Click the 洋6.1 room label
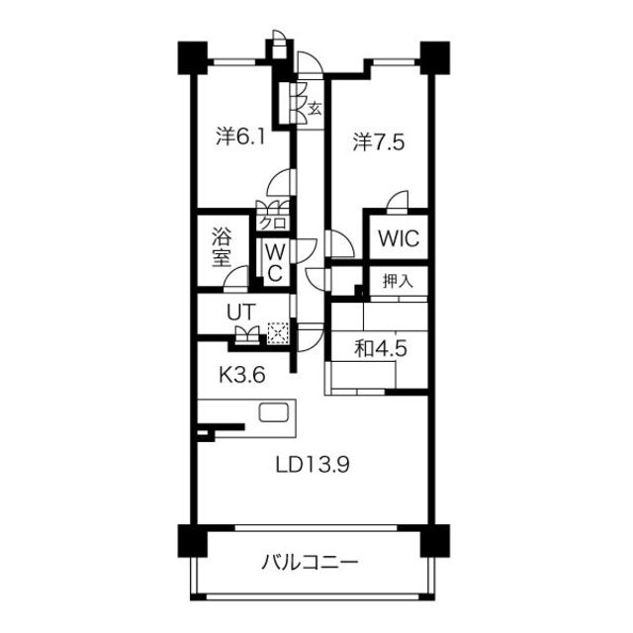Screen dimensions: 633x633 (x=240, y=136)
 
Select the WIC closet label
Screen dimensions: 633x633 (x=397, y=238)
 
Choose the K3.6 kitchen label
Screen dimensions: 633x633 (x=242, y=374)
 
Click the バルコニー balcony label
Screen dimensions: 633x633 (x=311, y=564)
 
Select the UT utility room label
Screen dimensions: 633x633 (x=242, y=311)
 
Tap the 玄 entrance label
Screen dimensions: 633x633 (x=314, y=108)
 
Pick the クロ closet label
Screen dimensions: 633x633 (x=272, y=223)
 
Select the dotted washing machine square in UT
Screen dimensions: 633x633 (x=278, y=334)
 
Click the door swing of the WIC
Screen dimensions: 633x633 (x=398, y=201)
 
